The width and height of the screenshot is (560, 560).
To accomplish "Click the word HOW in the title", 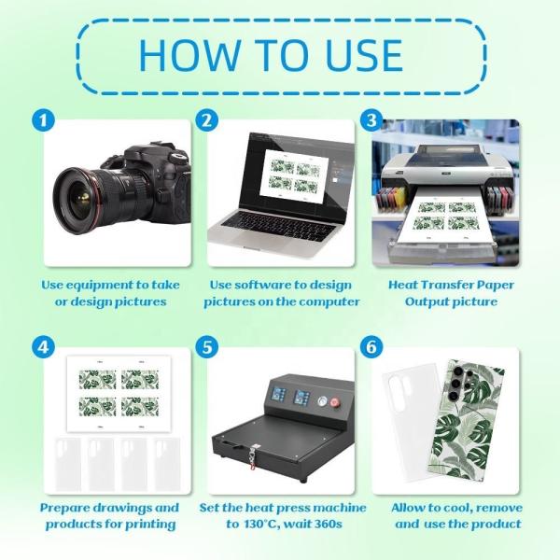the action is (189, 55).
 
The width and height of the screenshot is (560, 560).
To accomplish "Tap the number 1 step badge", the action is (43, 120).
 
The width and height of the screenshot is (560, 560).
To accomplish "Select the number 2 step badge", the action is (207, 120).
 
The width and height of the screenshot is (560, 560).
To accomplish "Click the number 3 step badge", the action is (371, 120).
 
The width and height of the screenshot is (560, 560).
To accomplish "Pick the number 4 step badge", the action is (43, 347).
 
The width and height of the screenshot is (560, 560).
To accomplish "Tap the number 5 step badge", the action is (207, 347).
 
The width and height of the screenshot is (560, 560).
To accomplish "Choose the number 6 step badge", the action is (371, 347).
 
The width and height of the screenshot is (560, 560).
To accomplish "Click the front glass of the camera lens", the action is (79, 201).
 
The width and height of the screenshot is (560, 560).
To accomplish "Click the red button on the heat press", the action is (335, 402).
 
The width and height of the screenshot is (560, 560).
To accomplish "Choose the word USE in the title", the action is (365, 55).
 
